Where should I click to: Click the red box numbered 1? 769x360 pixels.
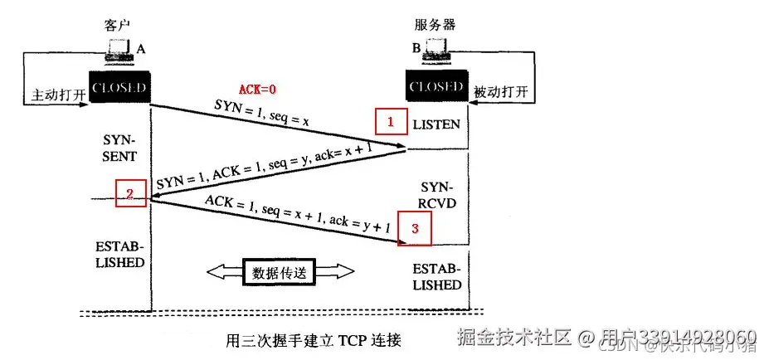[x=389, y=123]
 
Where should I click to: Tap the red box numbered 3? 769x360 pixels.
[x=415, y=229]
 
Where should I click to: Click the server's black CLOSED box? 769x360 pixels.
[x=436, y=87]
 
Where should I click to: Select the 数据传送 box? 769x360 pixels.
[x=278, y=271]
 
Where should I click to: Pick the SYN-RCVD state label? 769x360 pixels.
[x=436, y=196]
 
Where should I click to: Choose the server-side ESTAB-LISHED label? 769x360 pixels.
[x=436, y=277]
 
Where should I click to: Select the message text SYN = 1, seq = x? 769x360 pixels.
[x=261, y=115]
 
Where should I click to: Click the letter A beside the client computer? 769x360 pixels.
[x=141, y=50]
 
